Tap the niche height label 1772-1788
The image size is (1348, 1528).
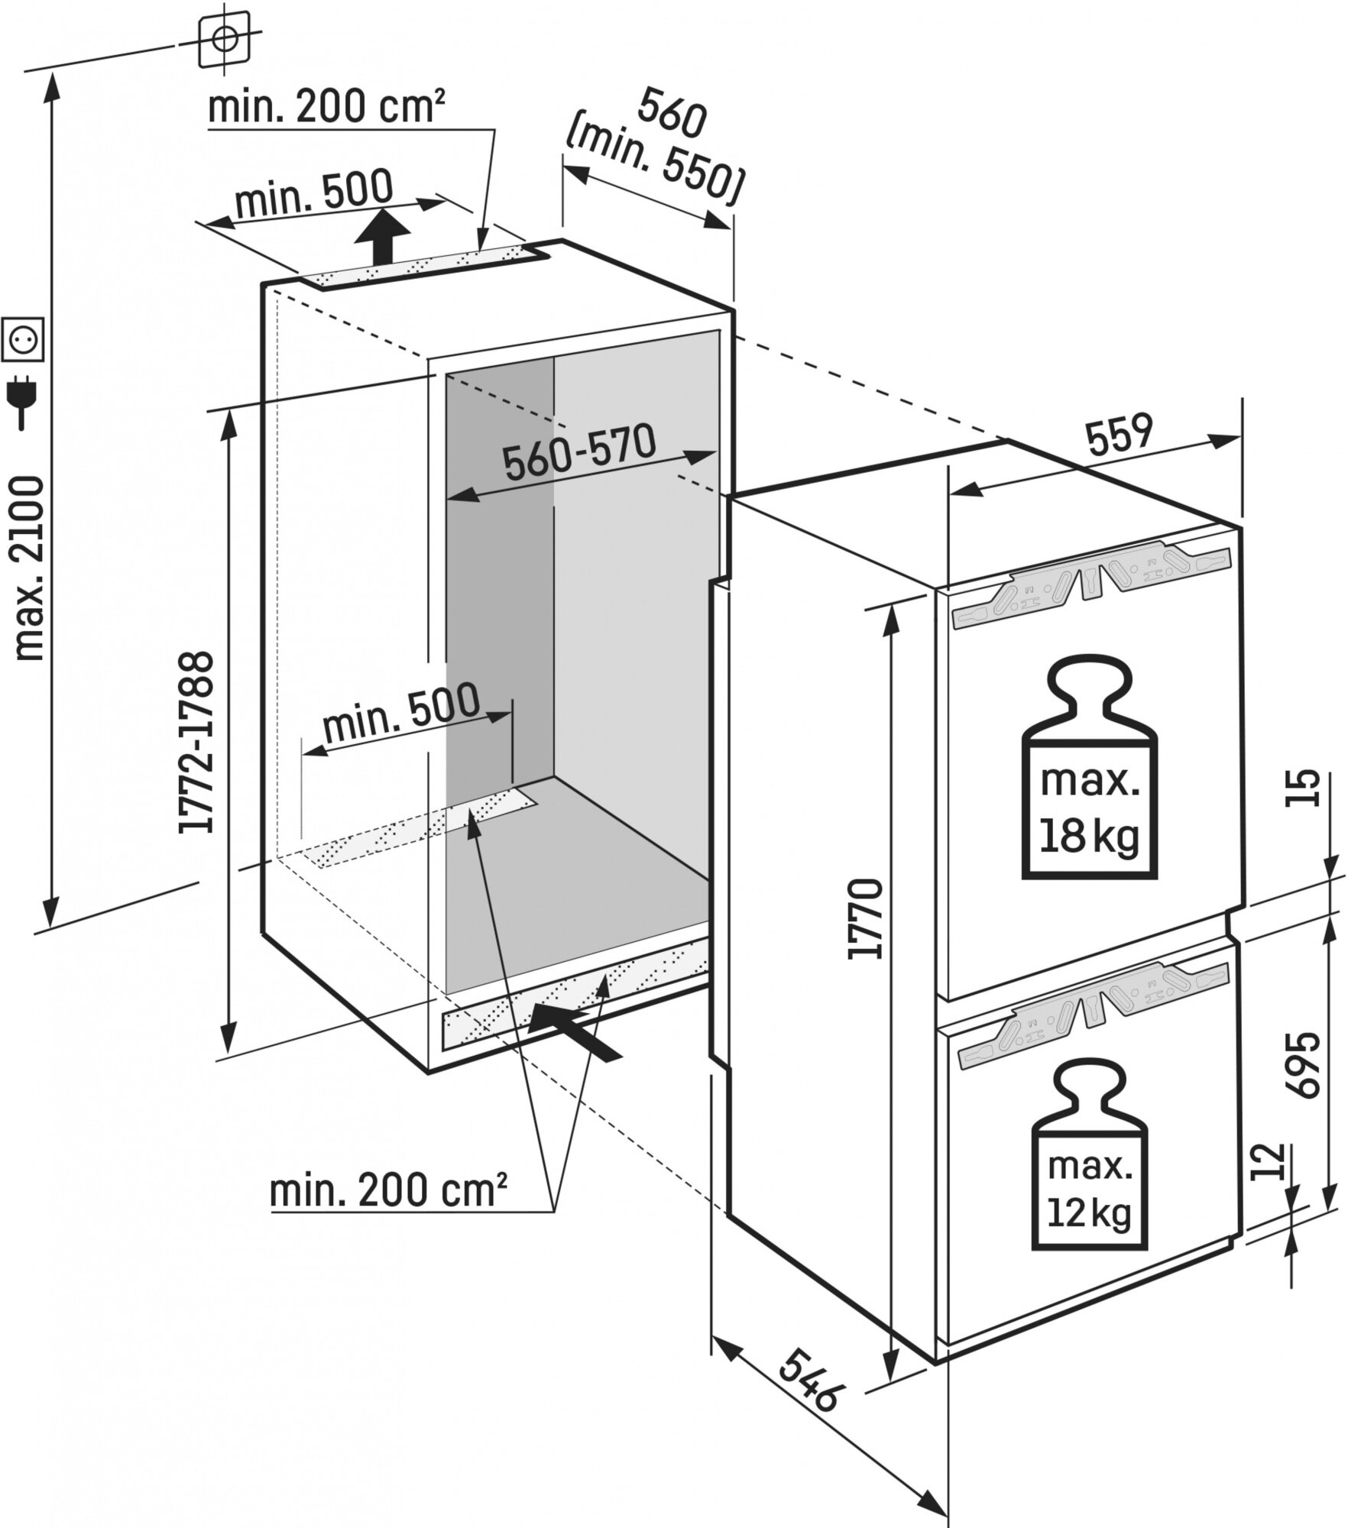coord(195,740)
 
